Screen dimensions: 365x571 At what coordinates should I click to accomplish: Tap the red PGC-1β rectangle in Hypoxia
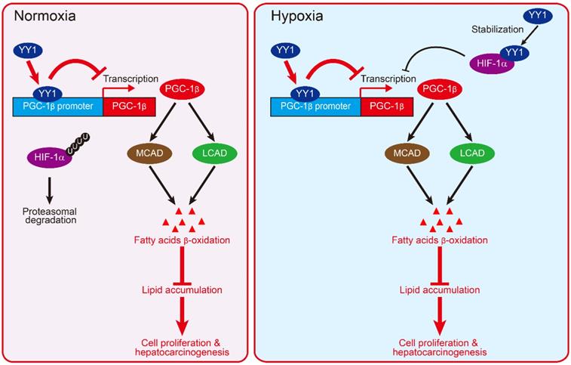[386, 107]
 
